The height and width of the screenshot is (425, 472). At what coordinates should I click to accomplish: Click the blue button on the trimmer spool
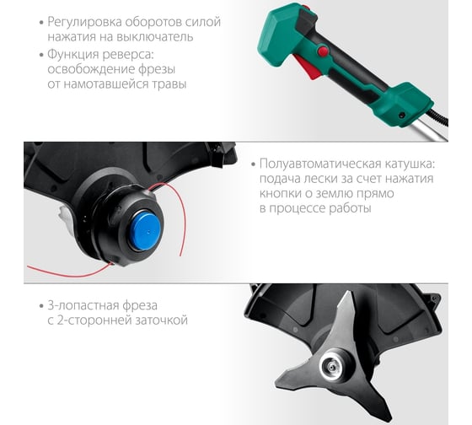[x=145, y=231]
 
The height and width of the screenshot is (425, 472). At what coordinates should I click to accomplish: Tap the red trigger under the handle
[x=308, y=67]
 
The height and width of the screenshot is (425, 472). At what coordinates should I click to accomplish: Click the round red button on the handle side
[x=323, y=51]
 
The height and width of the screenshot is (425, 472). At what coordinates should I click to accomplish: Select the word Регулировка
[x=84, y=23]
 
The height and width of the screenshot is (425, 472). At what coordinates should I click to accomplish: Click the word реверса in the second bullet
[x=128, y=55]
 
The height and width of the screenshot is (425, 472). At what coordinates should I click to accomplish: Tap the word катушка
[x=408, y=164]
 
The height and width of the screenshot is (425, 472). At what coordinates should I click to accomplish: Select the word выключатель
[x=155, y=37]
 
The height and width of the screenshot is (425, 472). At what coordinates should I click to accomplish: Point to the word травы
[x=169, y=84]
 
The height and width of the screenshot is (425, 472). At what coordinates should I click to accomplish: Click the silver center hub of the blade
[x=333, y=366]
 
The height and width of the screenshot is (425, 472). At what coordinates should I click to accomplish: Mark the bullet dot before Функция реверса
[x=42, y=56]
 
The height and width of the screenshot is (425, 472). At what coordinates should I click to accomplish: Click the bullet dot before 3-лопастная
[x=42, y=306]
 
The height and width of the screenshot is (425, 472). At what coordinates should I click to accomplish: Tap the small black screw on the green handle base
[x=401, y=115]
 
